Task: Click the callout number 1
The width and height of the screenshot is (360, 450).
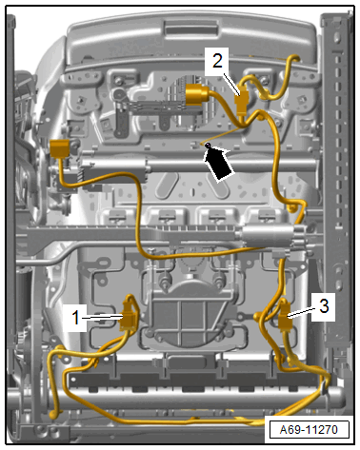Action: tap(75, 318)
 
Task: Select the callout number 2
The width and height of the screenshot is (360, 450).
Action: tap(217, 61)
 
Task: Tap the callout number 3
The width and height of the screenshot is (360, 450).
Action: tap(324, 306)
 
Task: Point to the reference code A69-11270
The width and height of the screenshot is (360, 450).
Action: tap(309, 430)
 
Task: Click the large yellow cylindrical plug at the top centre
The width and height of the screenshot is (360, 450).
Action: tap(195, 94)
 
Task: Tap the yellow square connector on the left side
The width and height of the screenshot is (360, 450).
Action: tap(59, 148)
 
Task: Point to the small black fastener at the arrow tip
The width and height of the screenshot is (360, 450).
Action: tap(208, 146)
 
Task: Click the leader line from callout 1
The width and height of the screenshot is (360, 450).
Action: tap(101, 317)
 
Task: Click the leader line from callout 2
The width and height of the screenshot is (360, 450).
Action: tap(231, 84)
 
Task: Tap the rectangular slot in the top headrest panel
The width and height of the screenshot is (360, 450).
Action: tap(190, 30)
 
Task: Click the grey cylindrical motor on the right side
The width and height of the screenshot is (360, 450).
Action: tap(269, 236)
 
